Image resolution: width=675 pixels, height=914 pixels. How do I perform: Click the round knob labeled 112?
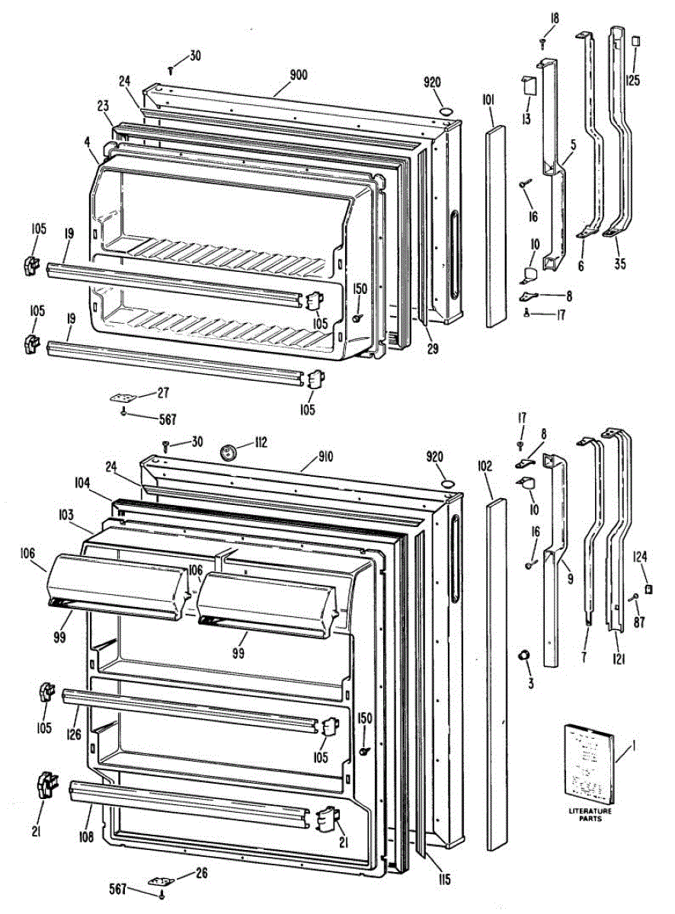(x=226, y=452)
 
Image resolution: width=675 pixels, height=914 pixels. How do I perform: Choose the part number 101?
(x=489, y=98)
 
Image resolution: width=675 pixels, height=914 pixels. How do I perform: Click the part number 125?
(x=634, y=79)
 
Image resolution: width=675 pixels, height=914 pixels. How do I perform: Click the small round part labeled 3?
(x=524, y=655)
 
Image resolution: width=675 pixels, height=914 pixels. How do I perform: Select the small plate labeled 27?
(x=123, y=397)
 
